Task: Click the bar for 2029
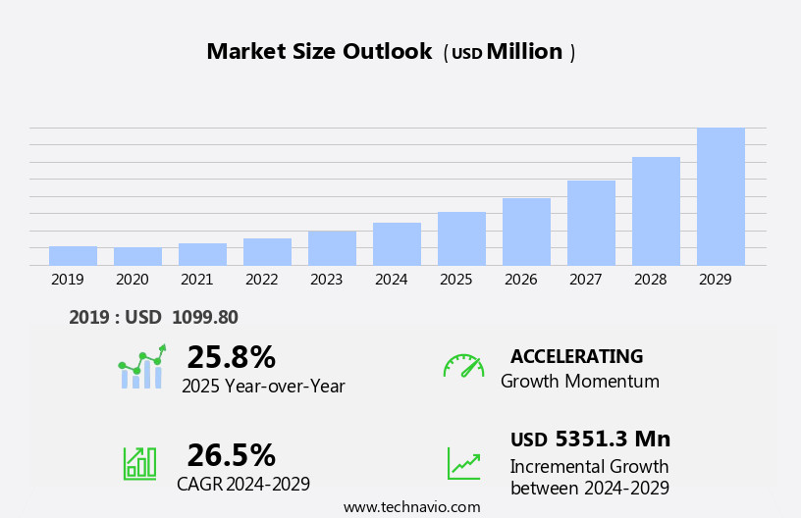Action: point(721,196)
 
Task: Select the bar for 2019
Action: point(73,256)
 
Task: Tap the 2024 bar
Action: point(397,244)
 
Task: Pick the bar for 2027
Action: point(591,223)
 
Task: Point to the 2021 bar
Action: point(202,254)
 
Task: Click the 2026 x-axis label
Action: point(520,280)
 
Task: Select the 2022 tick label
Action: point(261,280)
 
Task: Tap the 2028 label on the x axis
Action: point(650,280)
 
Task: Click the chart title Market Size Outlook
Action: point(319,52)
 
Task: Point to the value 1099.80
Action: point(204,318)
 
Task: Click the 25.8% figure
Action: point(231,357)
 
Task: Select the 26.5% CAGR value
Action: point(231,455)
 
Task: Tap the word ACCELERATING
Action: point(576,357)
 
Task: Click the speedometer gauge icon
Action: point(463,366)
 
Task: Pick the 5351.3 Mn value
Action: point(613,440)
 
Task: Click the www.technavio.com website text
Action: point(411,507)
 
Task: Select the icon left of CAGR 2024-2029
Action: point(139,462)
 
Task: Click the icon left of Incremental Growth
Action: point(463,463)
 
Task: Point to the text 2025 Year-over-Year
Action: point(263,387)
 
